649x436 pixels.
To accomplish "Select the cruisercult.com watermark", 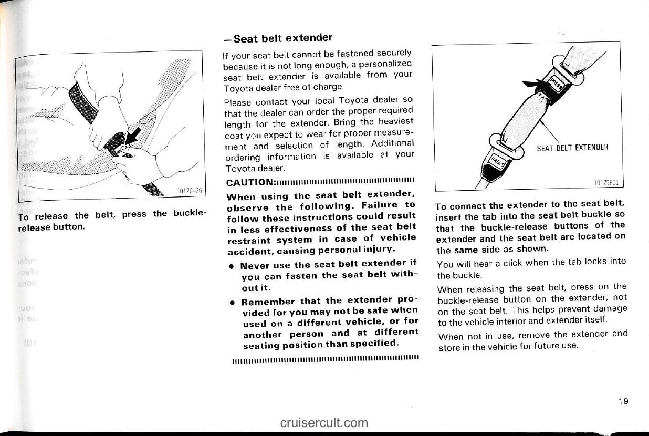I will [x=324, y=422].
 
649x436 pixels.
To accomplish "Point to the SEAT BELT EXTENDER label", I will [x=572, y=147].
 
